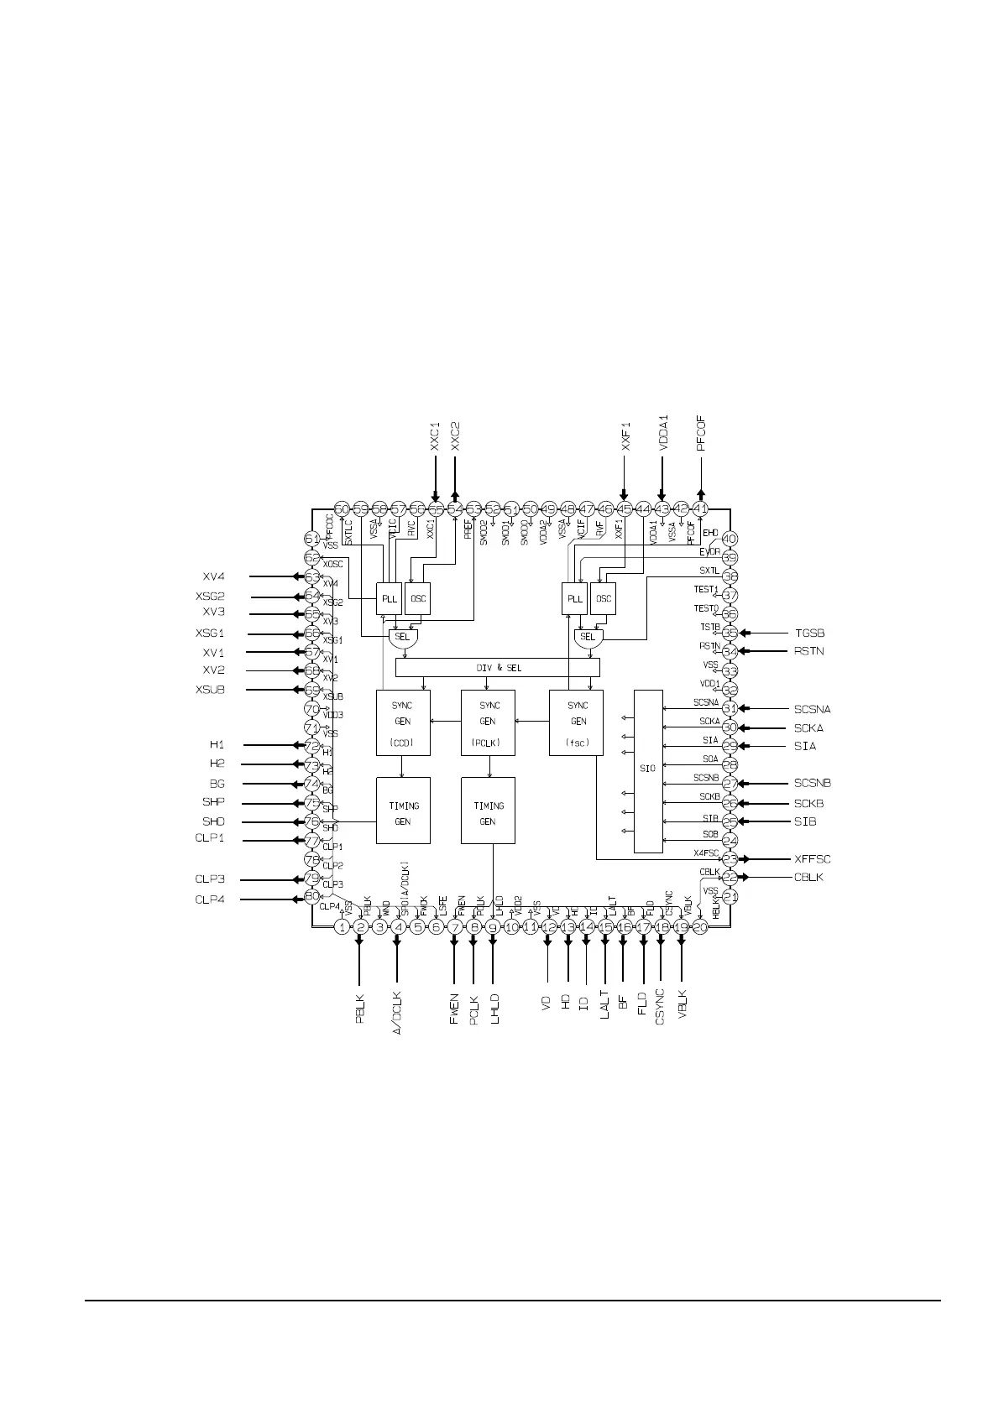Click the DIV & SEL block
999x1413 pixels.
[498, 668]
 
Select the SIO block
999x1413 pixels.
[647, 770]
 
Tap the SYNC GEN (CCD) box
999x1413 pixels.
[403, 722]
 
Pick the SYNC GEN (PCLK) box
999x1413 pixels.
[488, 722]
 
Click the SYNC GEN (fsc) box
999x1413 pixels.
[577, 722]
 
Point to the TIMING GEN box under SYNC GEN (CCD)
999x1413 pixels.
[403, 811]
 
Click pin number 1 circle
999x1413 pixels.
[343, 927]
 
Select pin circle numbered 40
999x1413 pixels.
[730, 540]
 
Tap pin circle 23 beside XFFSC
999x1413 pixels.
[730, 859]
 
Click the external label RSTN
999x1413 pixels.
[809, 651]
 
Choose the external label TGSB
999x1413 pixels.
[809, 633]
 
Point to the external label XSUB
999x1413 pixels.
[210, 690]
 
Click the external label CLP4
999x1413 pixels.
[210, 899]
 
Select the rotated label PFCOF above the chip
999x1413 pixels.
[702, 432]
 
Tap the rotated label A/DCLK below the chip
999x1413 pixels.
[397, 1013]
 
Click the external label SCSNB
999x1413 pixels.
[813, 784]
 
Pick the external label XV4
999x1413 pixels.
[213, 576]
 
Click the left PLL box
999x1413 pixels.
[389, 599]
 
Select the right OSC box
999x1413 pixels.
[603, 599]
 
